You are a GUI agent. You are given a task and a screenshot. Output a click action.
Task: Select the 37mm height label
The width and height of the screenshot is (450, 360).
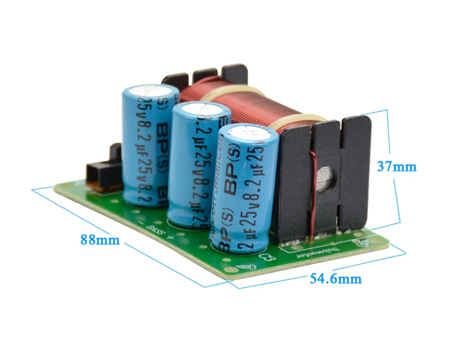tap(396, 166)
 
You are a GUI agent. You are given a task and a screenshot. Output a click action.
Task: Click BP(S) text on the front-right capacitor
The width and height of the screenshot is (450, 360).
tap(237, 182)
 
